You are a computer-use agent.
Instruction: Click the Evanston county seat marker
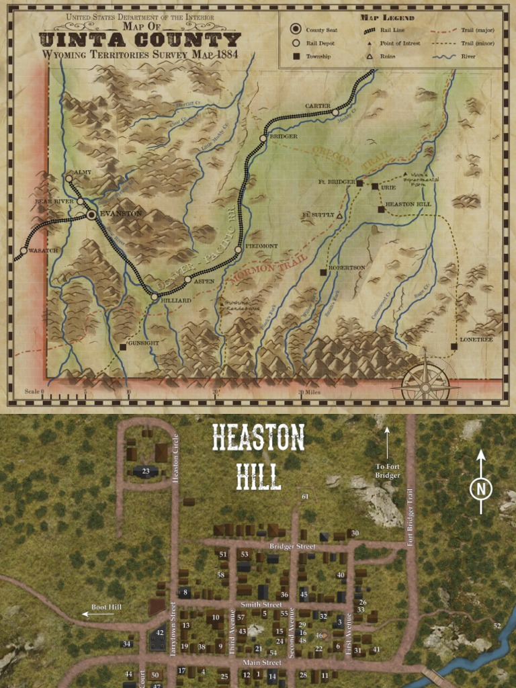[x=91, y=215]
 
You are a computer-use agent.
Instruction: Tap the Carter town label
[x=317, y=106]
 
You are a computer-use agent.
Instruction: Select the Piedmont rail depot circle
[x=238, y=250]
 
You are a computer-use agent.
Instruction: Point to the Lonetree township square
[x=454, y=347]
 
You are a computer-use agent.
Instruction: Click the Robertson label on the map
[x=347, y=267]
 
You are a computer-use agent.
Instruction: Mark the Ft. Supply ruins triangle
[x=339, y=216]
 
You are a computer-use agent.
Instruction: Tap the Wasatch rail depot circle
[x=24, y=251]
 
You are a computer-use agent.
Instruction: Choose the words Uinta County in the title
[x=140, y=40]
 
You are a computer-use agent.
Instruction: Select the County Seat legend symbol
[x=295, y=30]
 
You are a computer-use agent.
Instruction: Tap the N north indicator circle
[x=480, y=489]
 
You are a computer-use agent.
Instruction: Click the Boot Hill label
[x=107, y=607]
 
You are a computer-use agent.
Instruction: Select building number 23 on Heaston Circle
[x=146, y=471]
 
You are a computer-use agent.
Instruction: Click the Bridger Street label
[x=292, y=547]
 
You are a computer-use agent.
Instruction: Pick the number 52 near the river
[x=497, y=626]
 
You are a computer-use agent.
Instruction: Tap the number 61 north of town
[x=305, y=497]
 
